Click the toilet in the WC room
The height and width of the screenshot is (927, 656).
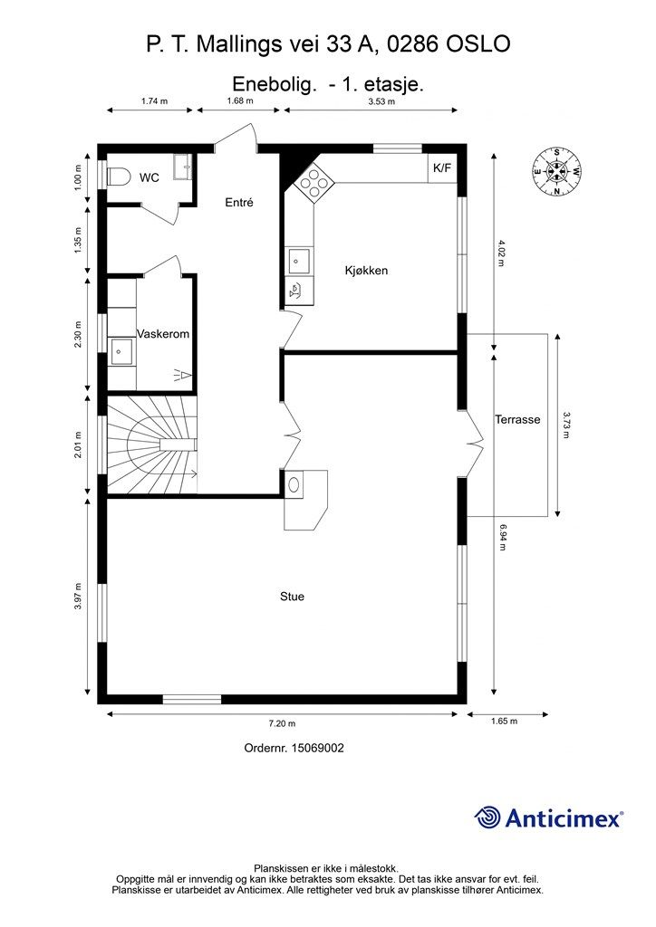[x=119, y=177]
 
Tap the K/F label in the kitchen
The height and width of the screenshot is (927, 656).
[x=442, y=167]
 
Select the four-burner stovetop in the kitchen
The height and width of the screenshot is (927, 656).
[x=314, y=182]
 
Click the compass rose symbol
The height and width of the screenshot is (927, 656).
[x=556, y=172]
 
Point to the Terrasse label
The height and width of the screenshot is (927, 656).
[x=517, y=419]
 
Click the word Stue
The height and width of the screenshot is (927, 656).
[x=293, y=597]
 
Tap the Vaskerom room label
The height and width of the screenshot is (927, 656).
[x=163, y=333]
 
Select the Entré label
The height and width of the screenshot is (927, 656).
[x=239, y=202]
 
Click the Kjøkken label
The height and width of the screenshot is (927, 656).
[x=366, y=270]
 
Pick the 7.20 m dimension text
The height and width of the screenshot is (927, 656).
[x=282, y=723]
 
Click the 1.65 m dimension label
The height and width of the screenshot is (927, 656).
[x=504, y=721]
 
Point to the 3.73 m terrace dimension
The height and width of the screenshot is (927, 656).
[x=566, y=425]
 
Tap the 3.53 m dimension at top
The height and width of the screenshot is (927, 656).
[x=381, y=101]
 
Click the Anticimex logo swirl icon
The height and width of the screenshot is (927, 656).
[x=487, y=817]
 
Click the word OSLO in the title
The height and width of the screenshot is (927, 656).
[x=478, y=44]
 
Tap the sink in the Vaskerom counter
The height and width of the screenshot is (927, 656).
[x=121, y=351]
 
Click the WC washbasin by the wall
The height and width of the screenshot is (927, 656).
[x=182, y=167]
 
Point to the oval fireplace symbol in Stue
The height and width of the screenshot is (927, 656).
[x=294, y=484]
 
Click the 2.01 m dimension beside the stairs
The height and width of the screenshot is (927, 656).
[x=79, y=445]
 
